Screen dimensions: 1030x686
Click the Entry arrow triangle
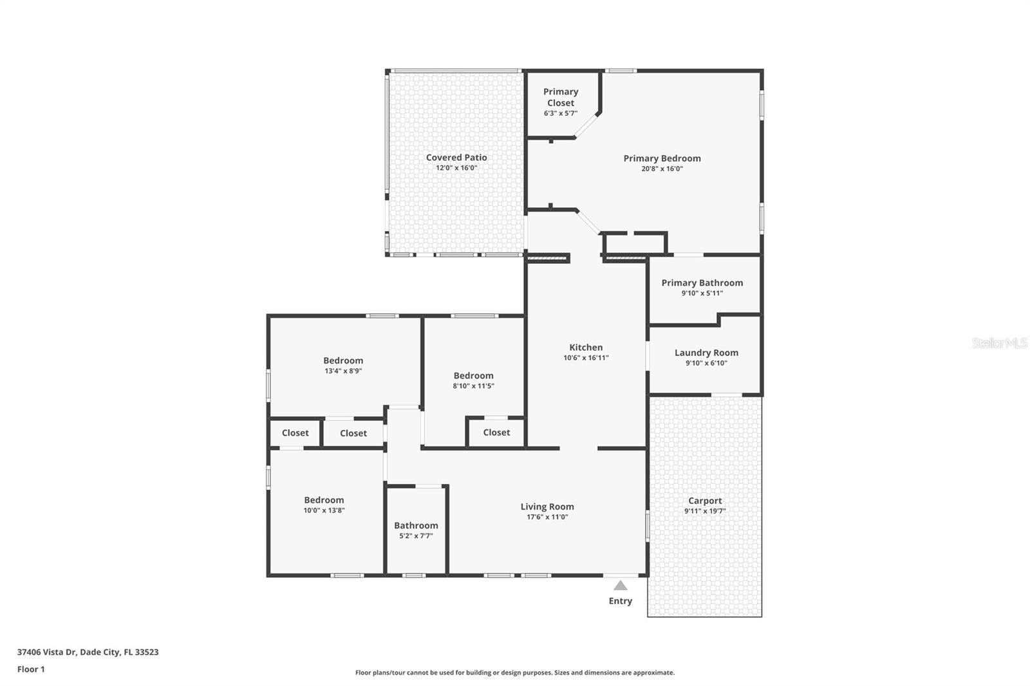(x=621, y=586)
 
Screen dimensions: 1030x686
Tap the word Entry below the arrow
(x=621, y=601)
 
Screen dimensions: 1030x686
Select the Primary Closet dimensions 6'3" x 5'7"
(x=561, y=113)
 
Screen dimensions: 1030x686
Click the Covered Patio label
(x=456, y=157)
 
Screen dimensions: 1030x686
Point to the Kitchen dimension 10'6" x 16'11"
(x=586, y=358)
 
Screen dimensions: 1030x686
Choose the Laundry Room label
(x=706, y=353)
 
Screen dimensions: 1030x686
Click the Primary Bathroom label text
(x=702, y=283)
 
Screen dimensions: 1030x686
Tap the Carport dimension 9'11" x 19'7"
(x=705, y=511)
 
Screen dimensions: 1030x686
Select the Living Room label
(x=547, y=506)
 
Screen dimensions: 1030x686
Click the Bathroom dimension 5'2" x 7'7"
(x=416, y=535)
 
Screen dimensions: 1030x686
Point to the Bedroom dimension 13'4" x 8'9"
(x=343, y=371)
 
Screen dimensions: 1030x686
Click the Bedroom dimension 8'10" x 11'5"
(x=473, y=386)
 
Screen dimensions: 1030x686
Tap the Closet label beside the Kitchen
(x=496, y=432)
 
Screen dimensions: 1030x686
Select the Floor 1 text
(x=32, y=669)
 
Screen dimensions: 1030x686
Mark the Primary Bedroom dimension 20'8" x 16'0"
(x=662, y=169)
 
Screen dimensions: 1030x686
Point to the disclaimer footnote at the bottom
(x=515, y=672)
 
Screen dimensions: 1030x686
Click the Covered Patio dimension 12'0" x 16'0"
(x=456, y=168)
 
